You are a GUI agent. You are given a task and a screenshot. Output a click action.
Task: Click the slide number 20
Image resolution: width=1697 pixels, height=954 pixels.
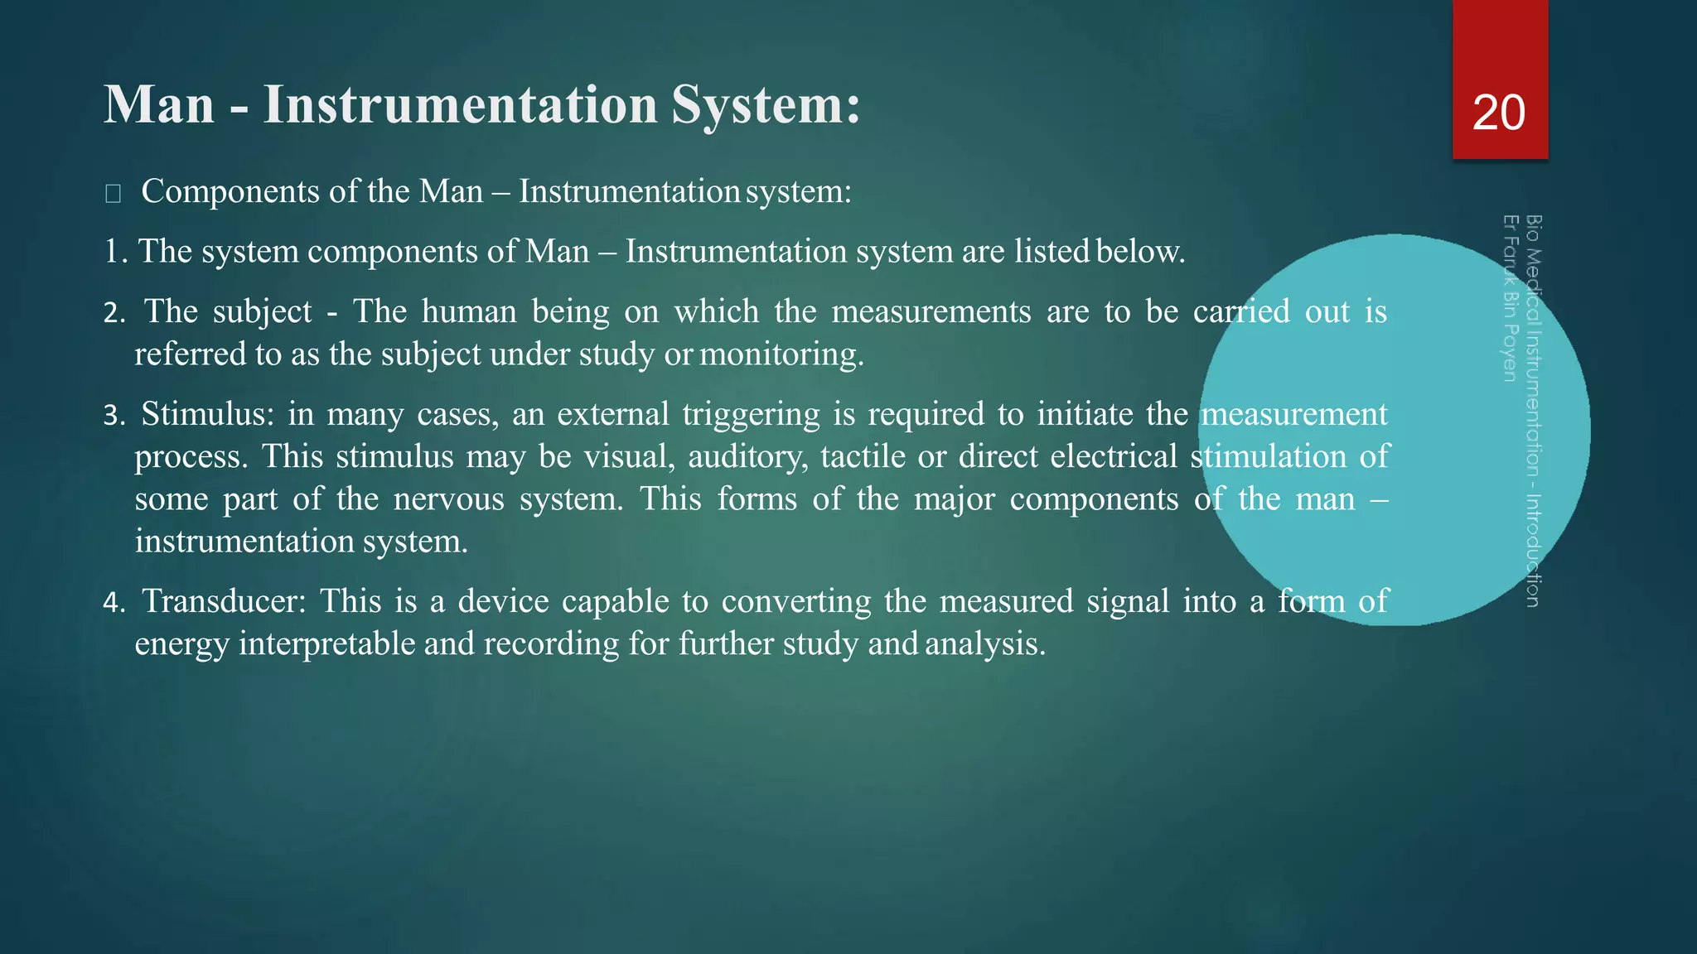1498,113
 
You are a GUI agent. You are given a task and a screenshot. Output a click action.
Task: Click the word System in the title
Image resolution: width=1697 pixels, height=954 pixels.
766,105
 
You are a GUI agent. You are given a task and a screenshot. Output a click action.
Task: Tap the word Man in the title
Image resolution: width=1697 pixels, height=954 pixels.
159,105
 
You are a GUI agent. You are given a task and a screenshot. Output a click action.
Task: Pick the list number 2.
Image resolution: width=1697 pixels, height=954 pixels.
113,313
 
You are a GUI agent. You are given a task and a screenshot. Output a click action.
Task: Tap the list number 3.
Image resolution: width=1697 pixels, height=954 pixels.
113,416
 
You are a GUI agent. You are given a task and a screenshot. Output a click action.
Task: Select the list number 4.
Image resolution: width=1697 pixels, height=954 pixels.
113,603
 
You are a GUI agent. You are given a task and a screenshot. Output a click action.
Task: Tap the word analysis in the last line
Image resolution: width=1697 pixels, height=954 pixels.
984,644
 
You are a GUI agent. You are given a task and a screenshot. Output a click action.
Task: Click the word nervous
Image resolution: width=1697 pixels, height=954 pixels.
448,499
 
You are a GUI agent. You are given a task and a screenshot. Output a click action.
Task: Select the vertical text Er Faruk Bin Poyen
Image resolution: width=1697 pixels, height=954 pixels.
1510,298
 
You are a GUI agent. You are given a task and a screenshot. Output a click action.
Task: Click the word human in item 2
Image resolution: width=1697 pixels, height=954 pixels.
469,312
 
